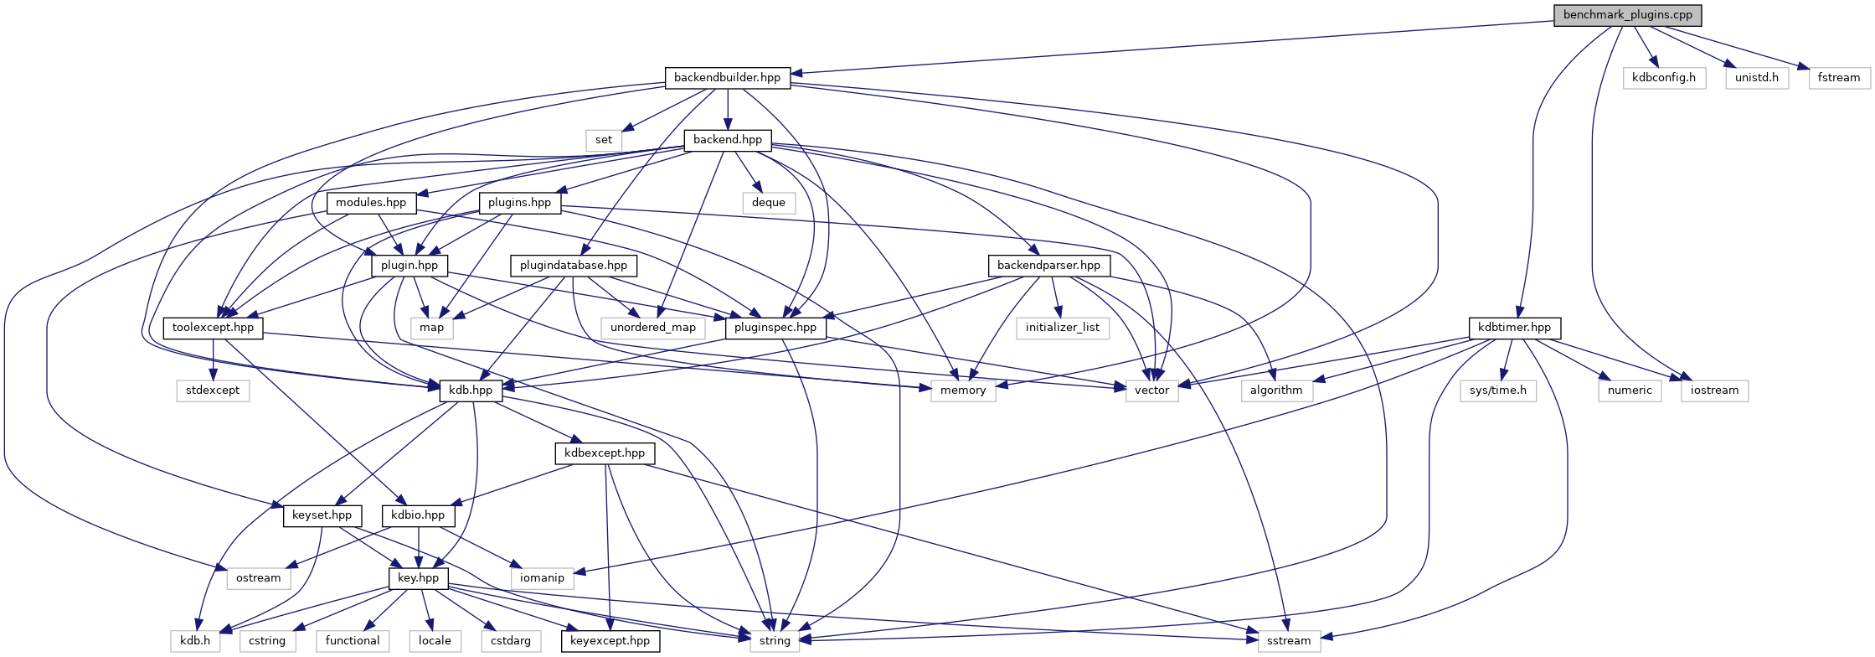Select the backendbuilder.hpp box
click(x=727, y=78)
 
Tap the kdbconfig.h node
click(x=1664, y=78)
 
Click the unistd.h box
click(x=1757, y=78)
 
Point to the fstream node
click(x=1839, y=78)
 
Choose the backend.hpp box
click(x=728, y=140)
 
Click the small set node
click(x=604, y=140)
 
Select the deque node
click(x=769, y=203)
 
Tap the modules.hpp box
click(x=371, y=203)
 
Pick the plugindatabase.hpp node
click(x=574, y=266)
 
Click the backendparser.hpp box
click(x=1048, y=266)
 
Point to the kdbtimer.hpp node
click(x=1514, y=328)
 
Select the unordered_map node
click(x=653, y=328)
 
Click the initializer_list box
click(x=1063, y=328)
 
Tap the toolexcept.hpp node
click(x=213, y=328)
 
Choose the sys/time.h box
click(x=1498, y=391)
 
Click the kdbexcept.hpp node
click(x=605, y=453)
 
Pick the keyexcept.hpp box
click(x=610, y=641)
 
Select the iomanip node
click(x=542, y=578)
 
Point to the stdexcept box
click(x=213, y=391)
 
